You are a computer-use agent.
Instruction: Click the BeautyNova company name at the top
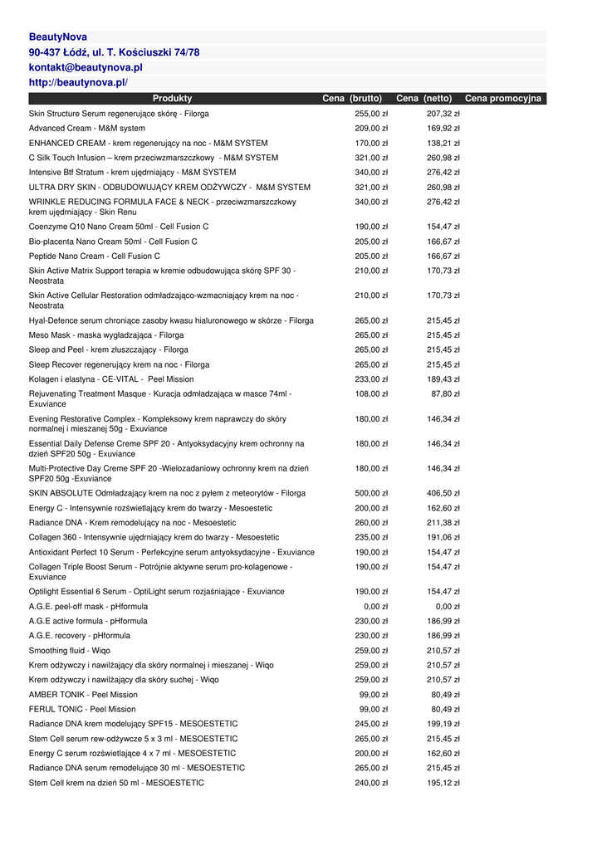coord(58,37)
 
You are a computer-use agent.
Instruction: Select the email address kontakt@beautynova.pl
coord(86,67)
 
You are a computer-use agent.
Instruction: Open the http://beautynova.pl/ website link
coord(78,83)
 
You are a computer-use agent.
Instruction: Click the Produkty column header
coord(172,99)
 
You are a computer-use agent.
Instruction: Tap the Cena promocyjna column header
coord(503,99)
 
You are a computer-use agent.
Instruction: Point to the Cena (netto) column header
coord(423,99)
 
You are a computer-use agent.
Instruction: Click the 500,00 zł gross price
coord(371,493)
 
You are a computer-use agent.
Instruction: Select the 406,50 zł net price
coord(443,493)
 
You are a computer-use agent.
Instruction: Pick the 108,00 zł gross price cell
coord(371,393)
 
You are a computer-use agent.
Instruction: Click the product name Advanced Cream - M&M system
coord(87,129)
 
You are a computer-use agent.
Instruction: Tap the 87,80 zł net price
coord(446,393)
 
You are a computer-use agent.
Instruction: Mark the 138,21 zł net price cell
coord(443,143)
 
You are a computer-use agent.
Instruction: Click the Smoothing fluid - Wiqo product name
coord(70,651)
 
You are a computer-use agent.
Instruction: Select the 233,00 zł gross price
coord(371,379)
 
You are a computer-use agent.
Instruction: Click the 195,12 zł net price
coord(443,783)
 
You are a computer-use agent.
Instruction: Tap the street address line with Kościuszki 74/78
coord(114,52)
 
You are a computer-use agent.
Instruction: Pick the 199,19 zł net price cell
coord(443,724)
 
